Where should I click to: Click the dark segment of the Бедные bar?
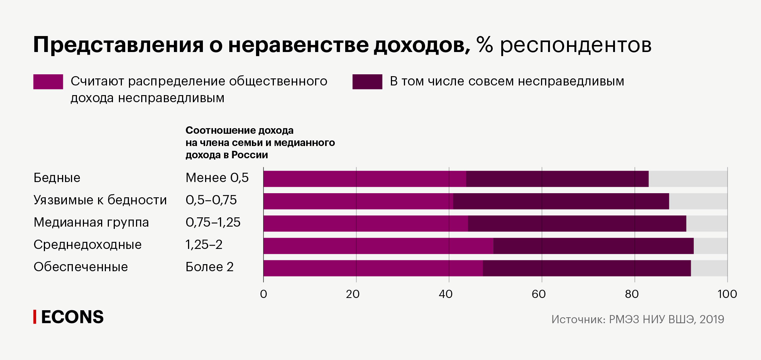(x=557, y=179)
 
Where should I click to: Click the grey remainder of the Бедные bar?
(x=688, y=179)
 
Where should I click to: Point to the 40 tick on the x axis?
(x=446, y=294)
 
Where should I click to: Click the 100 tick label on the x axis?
(x=727, y=294)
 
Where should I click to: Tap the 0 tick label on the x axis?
(x=263, y=294)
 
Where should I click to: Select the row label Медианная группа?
(x=91, y=223)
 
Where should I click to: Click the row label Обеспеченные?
(x=81, y=267)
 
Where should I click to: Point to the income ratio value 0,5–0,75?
(x=211, y=200)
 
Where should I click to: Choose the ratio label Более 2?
(x=209, y=267)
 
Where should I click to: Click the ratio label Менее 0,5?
(x=217, y=178)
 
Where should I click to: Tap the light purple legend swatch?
(x=48, y=82)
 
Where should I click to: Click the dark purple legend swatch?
(x=367, y=82)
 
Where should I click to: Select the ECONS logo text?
(x=72, y=317)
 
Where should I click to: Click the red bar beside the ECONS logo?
(x=35, y=317)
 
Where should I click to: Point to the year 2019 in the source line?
(x=712, y=320)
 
